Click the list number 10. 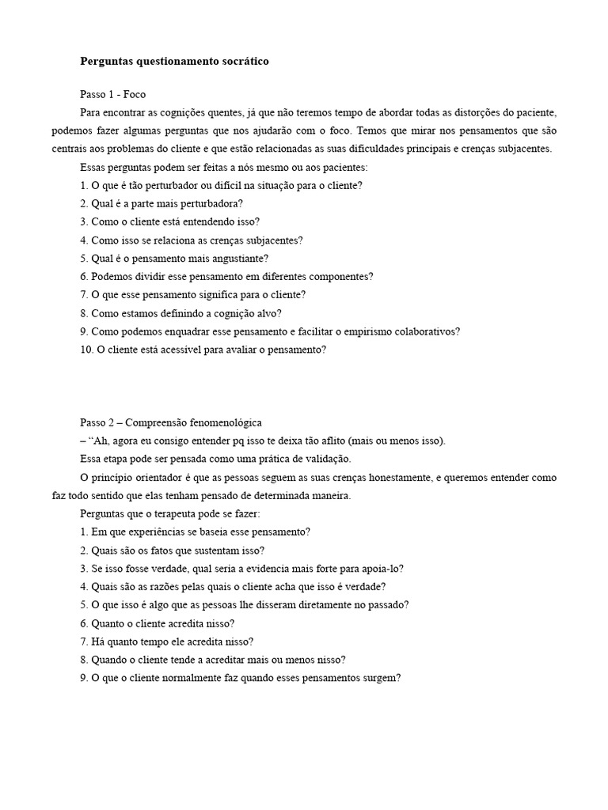pos(86,350)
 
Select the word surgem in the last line pos(383,679)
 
